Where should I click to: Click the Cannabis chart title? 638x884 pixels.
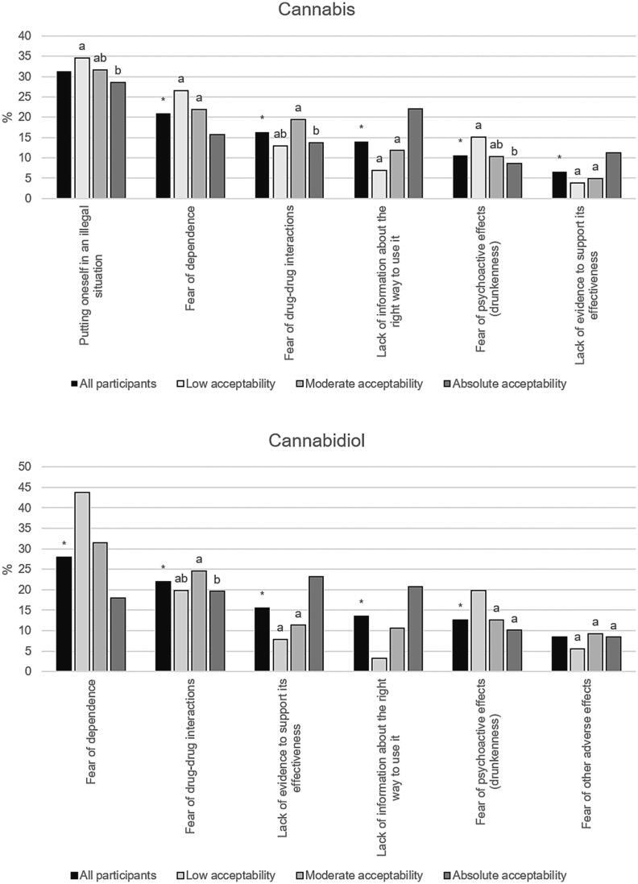point(318,11)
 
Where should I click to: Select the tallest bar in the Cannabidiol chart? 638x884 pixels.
point(82,581)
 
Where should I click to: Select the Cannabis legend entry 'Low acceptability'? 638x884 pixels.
point(230,384)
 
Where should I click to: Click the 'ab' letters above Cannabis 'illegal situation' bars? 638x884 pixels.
point(100,58)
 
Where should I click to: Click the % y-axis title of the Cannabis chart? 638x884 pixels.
point(7,118)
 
